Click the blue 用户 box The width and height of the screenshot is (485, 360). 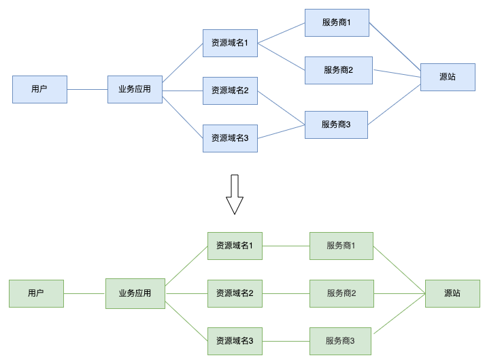[x=39, y=89]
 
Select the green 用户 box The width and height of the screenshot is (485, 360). [x=36, y=293]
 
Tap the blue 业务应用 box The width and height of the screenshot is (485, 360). [x=135, y=89]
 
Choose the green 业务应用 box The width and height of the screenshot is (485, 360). [x=135, y=293]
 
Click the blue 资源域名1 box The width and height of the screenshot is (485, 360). [x=230, y=43]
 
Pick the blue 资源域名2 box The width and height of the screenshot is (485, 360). [x=230, y=91]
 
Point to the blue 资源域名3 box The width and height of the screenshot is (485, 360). [x=230, y=138]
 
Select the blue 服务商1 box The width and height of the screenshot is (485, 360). [x=337, y=22]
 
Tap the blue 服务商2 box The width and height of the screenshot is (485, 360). [x=338, y=70]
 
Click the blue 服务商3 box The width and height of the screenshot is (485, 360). [x=336, y=125]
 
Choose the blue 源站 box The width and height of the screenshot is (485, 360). [x=447, y=77]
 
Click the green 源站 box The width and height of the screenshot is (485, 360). [x=452, y=293]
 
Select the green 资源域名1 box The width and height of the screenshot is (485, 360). [x=235, y=246]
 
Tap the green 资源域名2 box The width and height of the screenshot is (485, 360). [x=235, y=293]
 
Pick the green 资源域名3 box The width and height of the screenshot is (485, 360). [x=235, y=341]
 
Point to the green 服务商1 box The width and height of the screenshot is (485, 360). [x=341, y=246]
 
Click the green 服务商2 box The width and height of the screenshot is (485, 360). [x=341, y=293]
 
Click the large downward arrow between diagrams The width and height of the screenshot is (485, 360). [x=234, y=194]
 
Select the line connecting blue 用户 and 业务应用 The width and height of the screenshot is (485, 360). [x=87, y=89]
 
